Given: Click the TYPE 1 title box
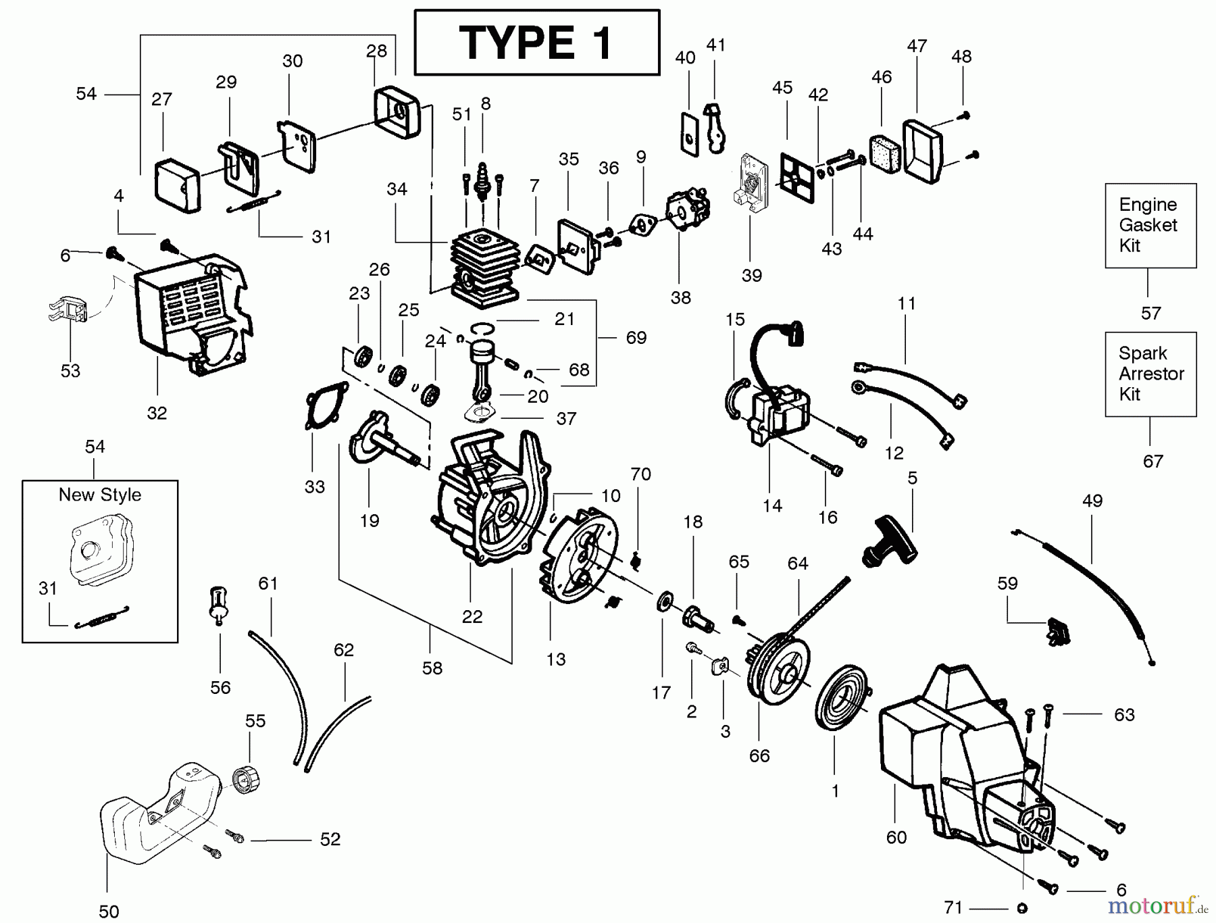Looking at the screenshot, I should click(x=536, y=42).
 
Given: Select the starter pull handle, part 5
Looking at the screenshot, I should click(x=890, y=541).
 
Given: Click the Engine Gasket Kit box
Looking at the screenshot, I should click(x=1150, y=225).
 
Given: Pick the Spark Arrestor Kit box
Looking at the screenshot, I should click(x=1150, y=374).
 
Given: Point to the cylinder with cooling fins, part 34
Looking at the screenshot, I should click(x=484, y=265).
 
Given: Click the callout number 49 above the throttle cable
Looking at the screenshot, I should click(x=1092, y=501).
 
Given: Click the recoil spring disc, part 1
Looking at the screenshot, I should click(x=839, y=706).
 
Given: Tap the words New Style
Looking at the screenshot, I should click(x=100, y=495).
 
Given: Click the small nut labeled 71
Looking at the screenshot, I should click(x=1021, y=908).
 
